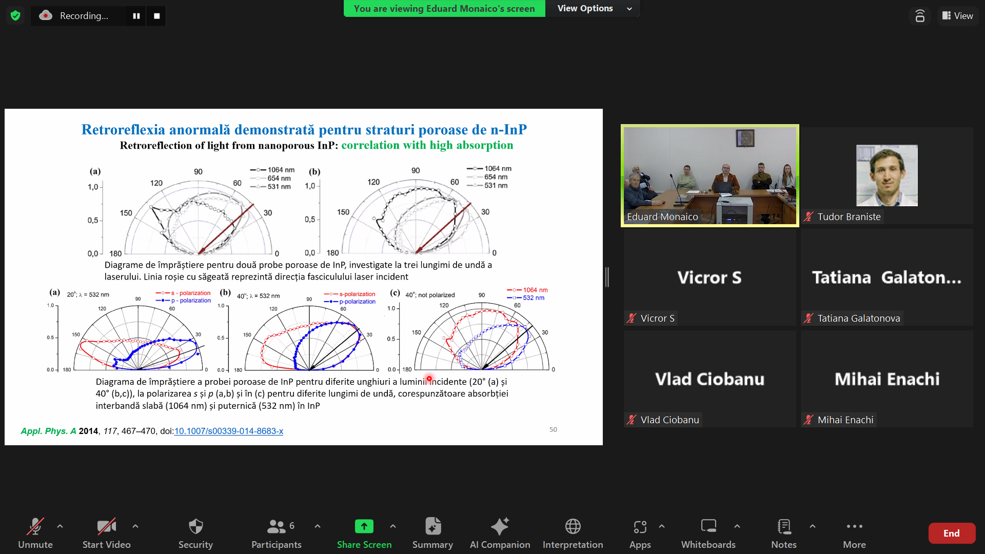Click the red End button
click(x=952, y=533)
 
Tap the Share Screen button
click(x=364, y=533)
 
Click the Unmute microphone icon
click(x=35, y=526)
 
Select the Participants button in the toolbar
click(x=277, y=533)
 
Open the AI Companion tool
click(x=500, y=533)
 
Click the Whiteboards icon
click(x=708, y=526)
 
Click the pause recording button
click(x=136, y=16)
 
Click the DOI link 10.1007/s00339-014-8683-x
click(x=229, y=431)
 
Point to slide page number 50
click(x=553, y=429)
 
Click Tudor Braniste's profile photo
click(x=887, y=175)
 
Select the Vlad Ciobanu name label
click(x=669, y=420)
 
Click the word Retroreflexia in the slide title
click(x=123, y=129)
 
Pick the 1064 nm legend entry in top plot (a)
click(x=272, y=170)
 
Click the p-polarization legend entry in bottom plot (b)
click(x=350, y=302)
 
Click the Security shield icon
click(x=195, y=526)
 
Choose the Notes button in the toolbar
click(x=784, y=533)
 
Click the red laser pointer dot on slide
click(x=429, y=379)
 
